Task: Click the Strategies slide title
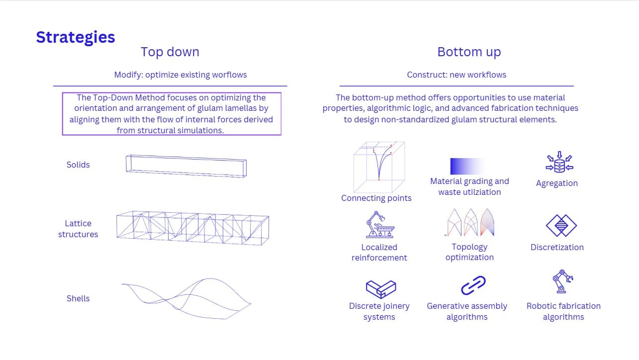coord(75,37)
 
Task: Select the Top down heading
coord(170,52)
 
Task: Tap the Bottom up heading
coord(469,52)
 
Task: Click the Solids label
coord(78,165)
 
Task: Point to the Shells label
coord(78,298)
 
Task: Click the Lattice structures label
coord(78,229)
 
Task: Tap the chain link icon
coord(473,285)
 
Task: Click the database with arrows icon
coord(559,162)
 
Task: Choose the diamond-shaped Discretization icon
coord(561,225)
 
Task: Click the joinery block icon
coord(381,289)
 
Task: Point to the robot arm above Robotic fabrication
coord(562,281)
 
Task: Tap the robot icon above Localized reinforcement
coord(380,224)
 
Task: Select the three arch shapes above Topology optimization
coord(470,222)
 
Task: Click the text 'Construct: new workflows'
coord(456,75)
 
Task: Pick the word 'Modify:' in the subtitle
coord(128,75)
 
